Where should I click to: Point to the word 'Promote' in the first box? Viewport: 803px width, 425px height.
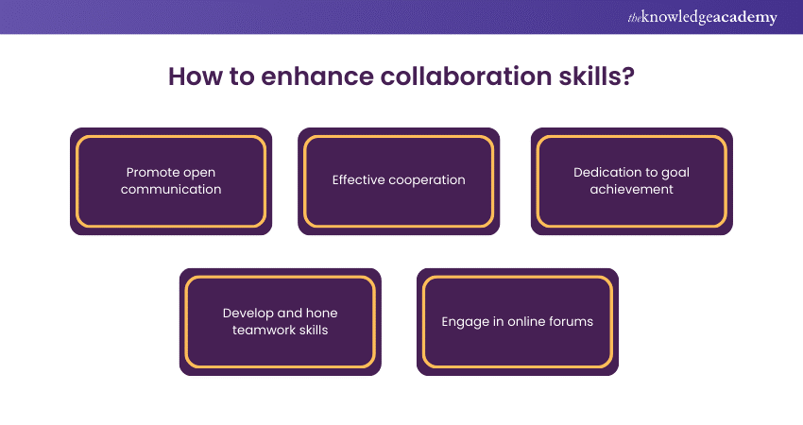[152, 173]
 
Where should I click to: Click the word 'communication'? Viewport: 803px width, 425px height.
[171, 189]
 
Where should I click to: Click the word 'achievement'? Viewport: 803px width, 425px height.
[631, 189]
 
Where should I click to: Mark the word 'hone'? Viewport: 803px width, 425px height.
[321, 314]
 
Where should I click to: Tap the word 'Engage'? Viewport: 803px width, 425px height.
[464, 322]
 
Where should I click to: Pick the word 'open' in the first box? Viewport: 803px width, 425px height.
[200, 173]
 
